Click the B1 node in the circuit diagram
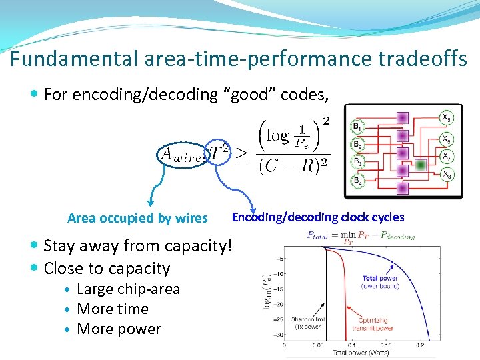coord(357,126)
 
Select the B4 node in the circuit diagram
coord(357,181)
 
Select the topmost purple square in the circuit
coord(401,117)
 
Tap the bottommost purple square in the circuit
coord(401,188)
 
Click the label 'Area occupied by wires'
coord(137,218)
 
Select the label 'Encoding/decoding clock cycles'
coord(317,217)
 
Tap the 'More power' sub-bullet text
coord(119,329)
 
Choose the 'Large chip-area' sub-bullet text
coord(128,289)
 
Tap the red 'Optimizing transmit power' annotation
coord(374,323)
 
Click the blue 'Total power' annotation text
coord(379,278)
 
